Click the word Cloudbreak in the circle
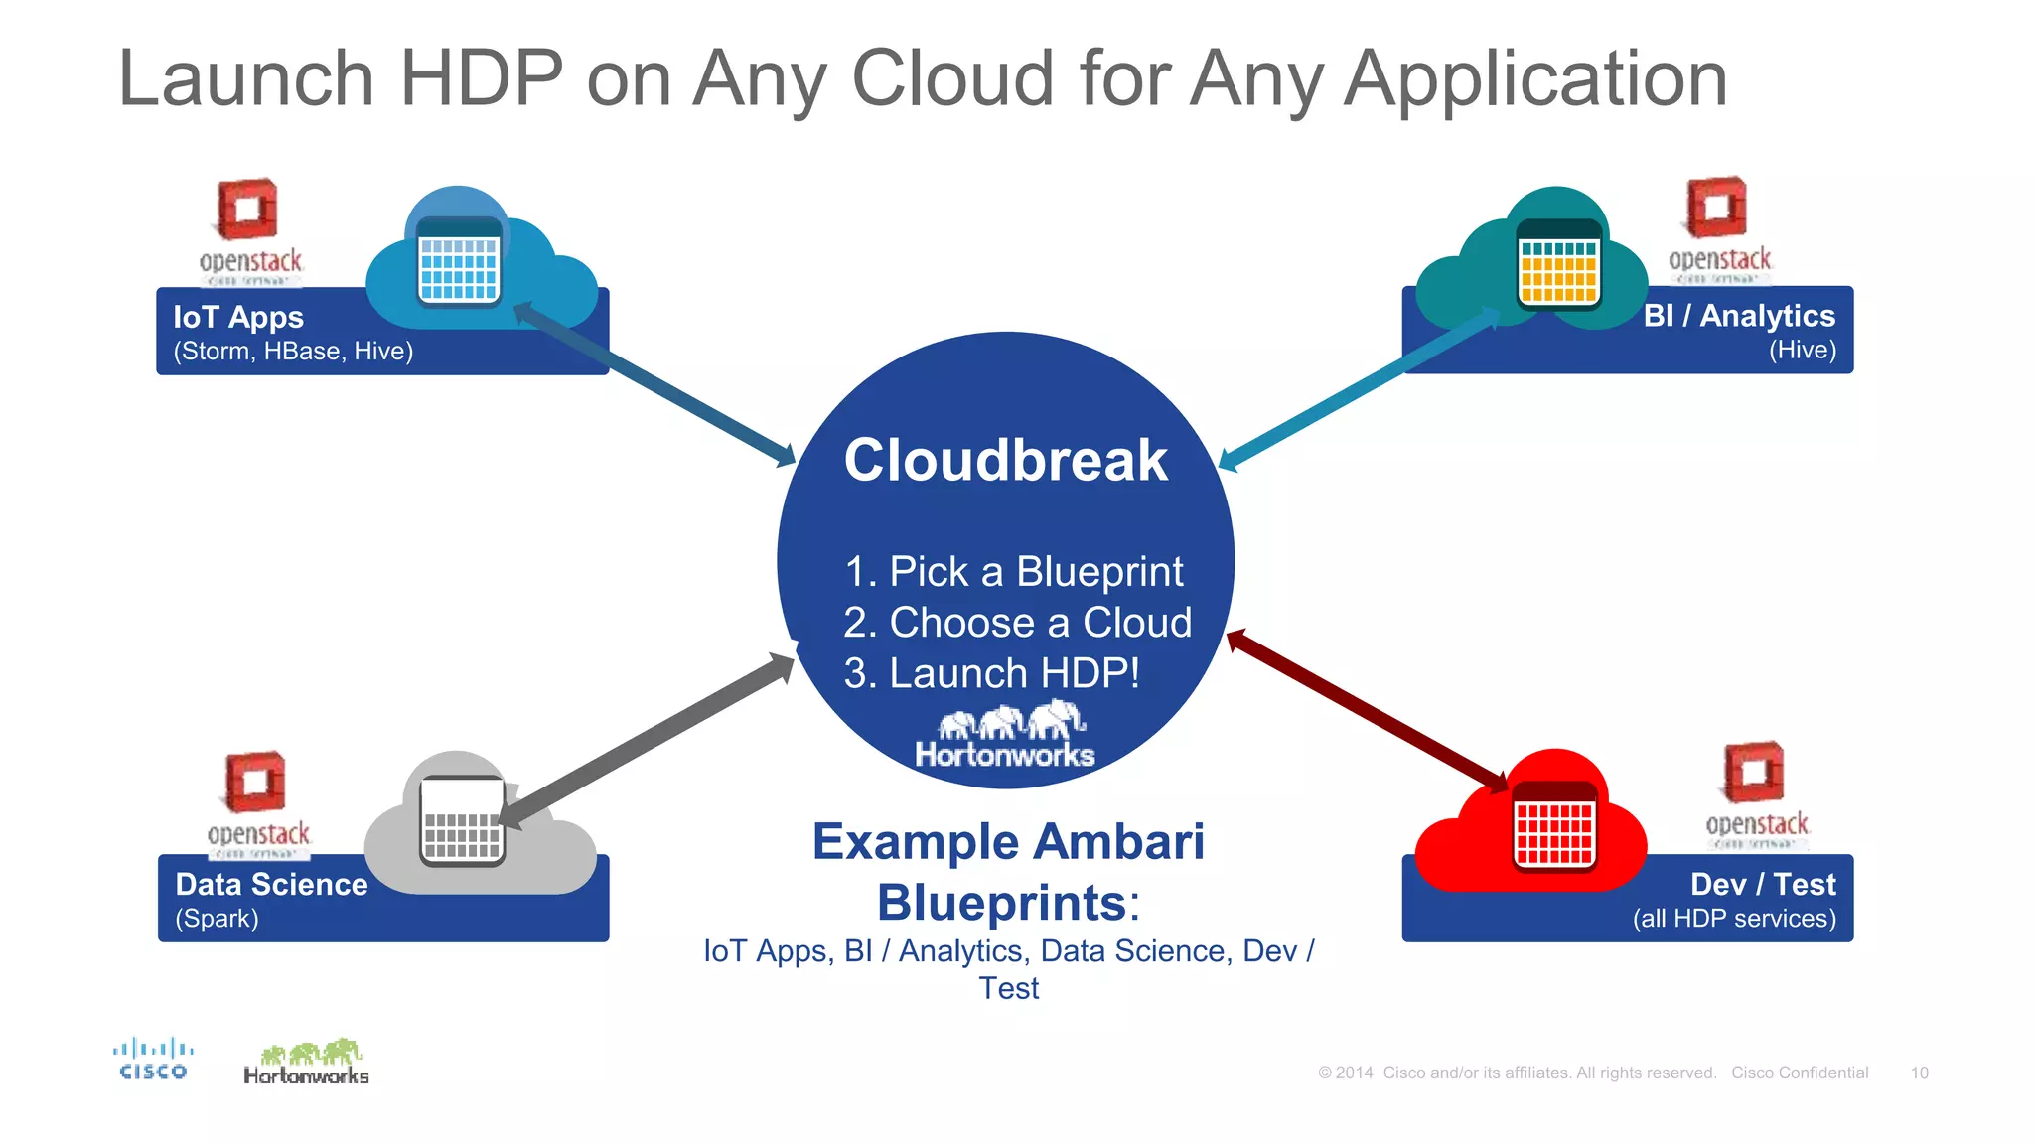pyautogui.click(x=1005, y=461)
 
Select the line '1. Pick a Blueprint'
pyautogui.click(x=1013, y=572)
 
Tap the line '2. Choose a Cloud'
pyautogui.click(x=1017, y=623)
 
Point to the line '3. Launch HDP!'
pyautogui.click(x=991, y=673)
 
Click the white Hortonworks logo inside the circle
pyautogui.click(x=1005, y=736)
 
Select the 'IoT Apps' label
pyautogui.click(x=238, y=317)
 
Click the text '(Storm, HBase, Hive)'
pyautogui.click(x=293, y=352)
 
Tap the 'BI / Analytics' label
pyautogui.click(x=1739, y=316)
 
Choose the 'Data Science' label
pyautogui.click(x=271, y=884)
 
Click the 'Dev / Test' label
pyautogui.click(x=1763, y=884)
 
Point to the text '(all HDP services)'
pyautogui.click(x=1734, y=919)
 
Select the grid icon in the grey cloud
pyautogui.click(x=462, y=822)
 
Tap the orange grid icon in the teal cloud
pyautogui.click(x=1558, y=264)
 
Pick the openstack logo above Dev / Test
pyautogui.click(x=1756, y=794)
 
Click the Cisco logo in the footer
pyautogui.click(x=152, y=1060)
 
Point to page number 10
pyautogui.click(x=1919, y=1072)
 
